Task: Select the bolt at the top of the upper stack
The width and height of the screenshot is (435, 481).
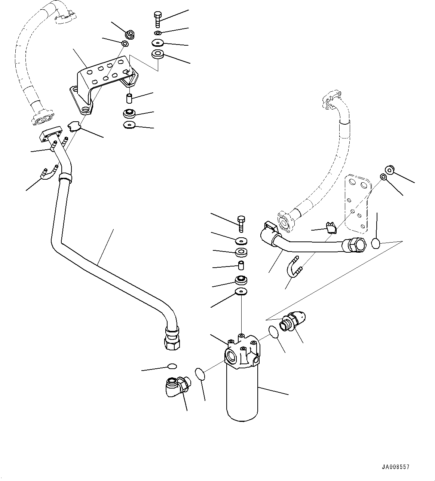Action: (x=157, y=19)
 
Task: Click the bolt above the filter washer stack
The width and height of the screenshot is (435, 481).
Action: (x=241, y=224)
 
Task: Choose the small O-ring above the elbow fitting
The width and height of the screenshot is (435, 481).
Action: (x=172, y=366)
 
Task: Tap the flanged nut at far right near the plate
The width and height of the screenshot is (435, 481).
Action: (x=389, y=170)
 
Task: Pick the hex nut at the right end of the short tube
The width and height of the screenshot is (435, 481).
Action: (x=355, y=246)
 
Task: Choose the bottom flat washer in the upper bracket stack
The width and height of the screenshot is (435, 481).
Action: (x=129, y=125)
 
